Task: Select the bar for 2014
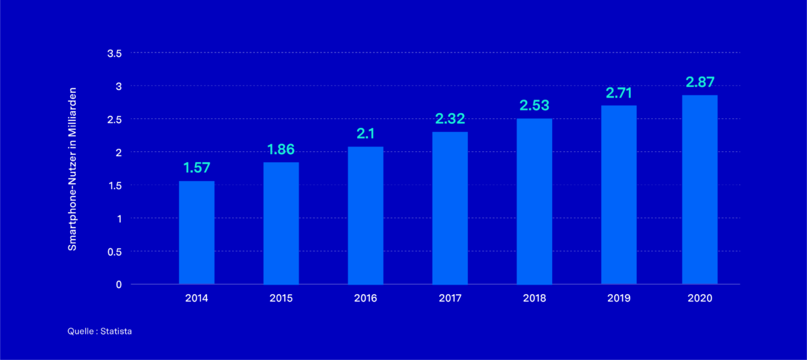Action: click(196, 232)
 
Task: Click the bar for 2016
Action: click(365, 215)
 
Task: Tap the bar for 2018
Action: click(534, 201)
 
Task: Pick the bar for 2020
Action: click(699, 189)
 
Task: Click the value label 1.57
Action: click(196, 168)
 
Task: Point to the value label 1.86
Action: click(281, 149)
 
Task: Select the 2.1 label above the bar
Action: click(365, 134)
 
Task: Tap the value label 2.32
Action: click(450, 119)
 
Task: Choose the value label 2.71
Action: click(619, 92)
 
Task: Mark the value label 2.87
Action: click(699, 82)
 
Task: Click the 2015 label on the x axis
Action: click(281, 298)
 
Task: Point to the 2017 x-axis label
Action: click(450, 298)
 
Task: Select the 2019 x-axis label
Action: click(619, 298)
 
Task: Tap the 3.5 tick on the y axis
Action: click(114, 53)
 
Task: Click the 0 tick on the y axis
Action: click(118, 285)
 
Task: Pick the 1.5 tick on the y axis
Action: click(114, 185)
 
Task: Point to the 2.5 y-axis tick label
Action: click(114, 119)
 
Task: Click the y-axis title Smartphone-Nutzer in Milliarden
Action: click(73, 169)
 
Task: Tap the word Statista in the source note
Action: click(116, 332)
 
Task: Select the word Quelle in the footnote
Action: click(80, 332)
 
